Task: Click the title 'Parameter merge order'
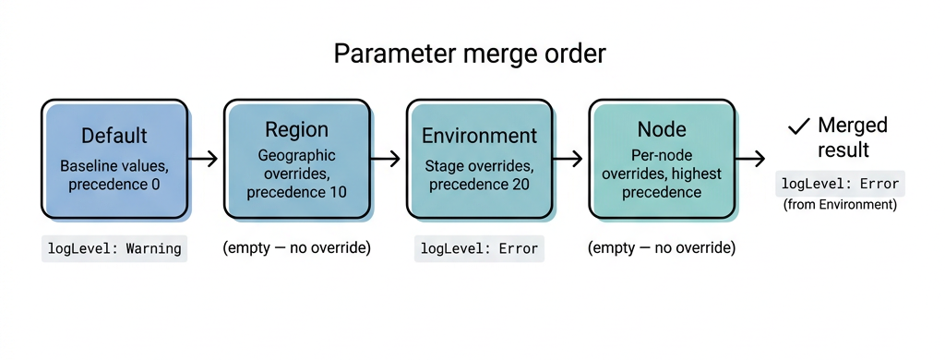(x=470, y=54)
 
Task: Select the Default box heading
(x=114, y=136)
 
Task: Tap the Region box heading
(x=296, y=129)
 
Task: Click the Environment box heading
(x=479, y=136)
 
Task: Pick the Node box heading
(x=661, y=129)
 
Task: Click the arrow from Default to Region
(x=207, y=159)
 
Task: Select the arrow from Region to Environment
(x=389, y=159)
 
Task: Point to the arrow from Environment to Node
(x=571, y=159)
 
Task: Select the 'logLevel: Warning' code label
(x=114, y=248)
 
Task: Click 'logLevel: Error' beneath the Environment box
(x=479, y=248)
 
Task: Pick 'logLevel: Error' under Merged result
(x=840, y=183)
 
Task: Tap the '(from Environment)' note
(x=840, y=205)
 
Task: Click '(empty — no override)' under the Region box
(x=296, y=248)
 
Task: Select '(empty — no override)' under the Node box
(x=661, y=248)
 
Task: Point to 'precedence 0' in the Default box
(x=114, y=186)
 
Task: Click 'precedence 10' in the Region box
(x=296, y=192)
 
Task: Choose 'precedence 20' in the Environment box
(x=479, y=186)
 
